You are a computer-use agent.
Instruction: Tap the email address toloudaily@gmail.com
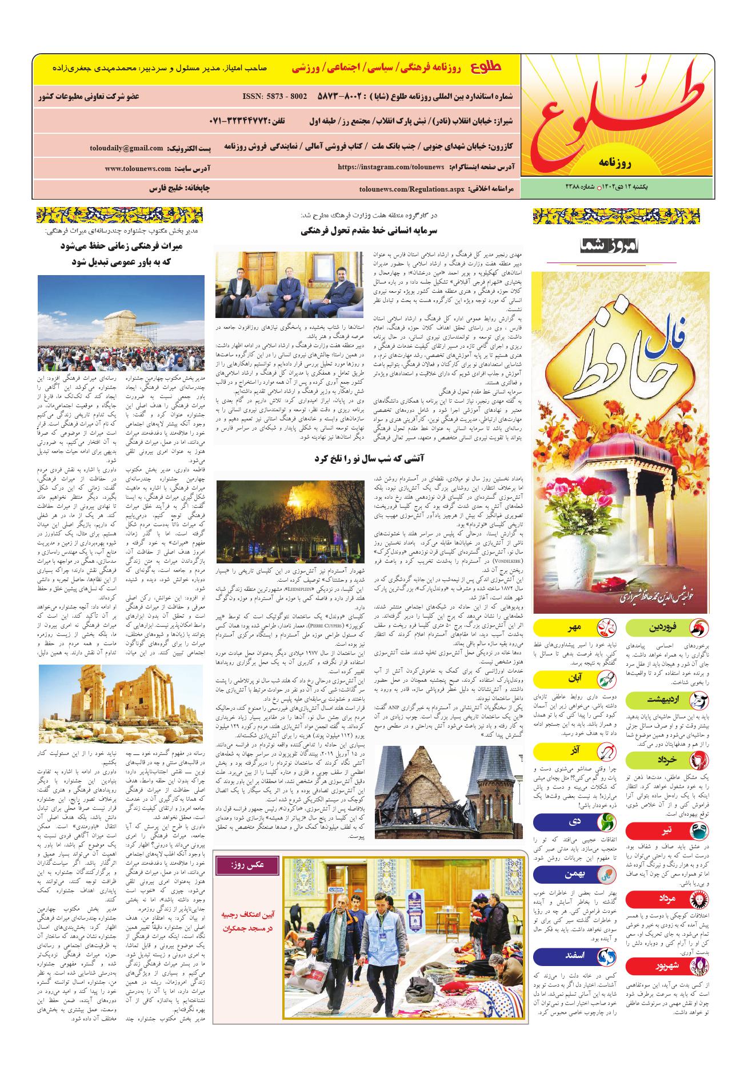click(x=126, y=148)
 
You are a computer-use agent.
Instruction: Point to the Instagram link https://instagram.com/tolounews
click(x=391, y=167)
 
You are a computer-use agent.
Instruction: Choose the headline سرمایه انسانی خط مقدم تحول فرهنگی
click(x=370, y=231)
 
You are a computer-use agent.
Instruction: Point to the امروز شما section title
click(x=611, y=246)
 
